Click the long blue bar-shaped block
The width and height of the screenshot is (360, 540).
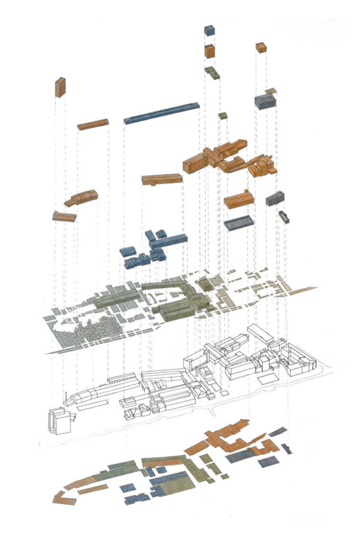[x=161, y=114]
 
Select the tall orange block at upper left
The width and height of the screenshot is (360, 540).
[x=60, y=87]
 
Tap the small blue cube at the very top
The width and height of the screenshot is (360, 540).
[x=209, y=30]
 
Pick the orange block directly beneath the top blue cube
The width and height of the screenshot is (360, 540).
[x=209, y=51]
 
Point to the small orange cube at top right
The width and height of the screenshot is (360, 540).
[x=261, y=48]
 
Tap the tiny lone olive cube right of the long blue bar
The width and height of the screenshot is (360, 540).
[x=223, y=116]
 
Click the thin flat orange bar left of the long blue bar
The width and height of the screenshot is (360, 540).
[x=93, y=125]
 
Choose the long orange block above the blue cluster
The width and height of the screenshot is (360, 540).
[x=162, y=179]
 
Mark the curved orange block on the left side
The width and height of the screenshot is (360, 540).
[x=81, y=198]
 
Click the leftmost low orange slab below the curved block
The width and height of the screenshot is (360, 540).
[x=64, y=217]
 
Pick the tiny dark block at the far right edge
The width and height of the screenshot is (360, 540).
[x=284, y=217]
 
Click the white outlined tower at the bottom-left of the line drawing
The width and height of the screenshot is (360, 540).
[x=57, y=421]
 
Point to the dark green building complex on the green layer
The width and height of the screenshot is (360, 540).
[x=180, y=305]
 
